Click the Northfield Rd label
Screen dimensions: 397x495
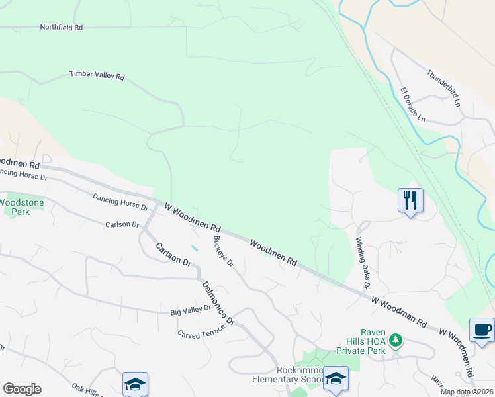click(62, 28)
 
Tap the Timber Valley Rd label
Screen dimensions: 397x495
click(97, 76)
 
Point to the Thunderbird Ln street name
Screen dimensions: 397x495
click(443, 85)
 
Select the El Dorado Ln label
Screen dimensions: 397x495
click(412, 105)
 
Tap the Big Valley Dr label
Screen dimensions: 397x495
click(190, 308)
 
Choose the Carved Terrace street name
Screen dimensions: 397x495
click(202, 330)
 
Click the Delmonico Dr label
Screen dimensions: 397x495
click(218, 301)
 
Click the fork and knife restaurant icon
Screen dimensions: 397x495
click(410, 200)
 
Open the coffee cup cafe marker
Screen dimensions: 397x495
click(482, 330)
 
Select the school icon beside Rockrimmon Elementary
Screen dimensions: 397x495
click(336, 378)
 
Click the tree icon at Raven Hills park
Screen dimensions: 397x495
click(396, 340)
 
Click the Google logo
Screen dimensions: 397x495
click(22, 389)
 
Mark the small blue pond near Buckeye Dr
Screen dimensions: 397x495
click(193, 248)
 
